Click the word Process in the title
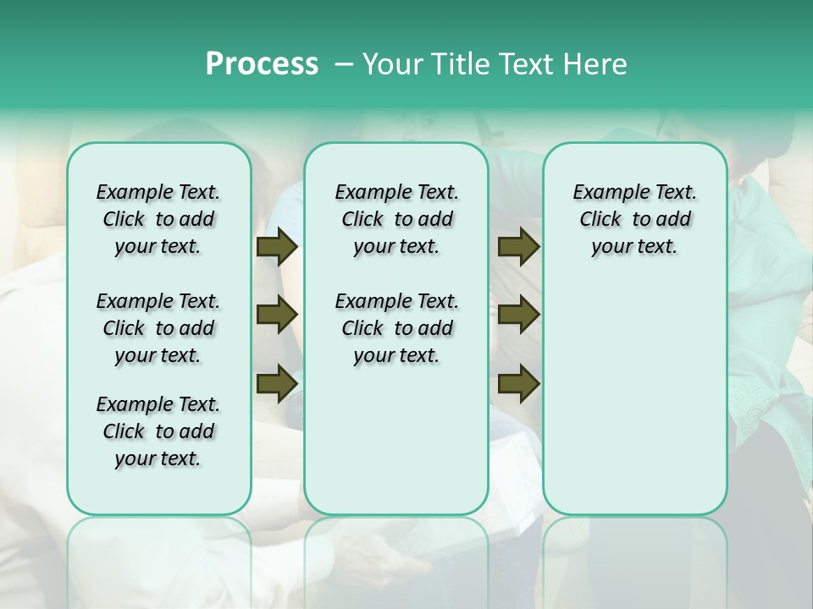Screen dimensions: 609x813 tap(262, 63)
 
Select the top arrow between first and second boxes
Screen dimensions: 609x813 tap(277, 246)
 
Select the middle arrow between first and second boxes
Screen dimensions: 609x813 tap(277, 315)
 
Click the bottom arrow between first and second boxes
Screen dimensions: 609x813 tap(277, 383)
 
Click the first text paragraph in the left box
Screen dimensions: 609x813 tap(158, 219)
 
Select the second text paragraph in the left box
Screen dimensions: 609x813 tap(158, 328)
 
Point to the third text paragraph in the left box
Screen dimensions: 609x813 tap(158, 431)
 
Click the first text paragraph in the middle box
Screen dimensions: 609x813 tap(396, 219)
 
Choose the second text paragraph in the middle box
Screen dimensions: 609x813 tap(396, 328)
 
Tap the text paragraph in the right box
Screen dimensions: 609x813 tap(635, 219)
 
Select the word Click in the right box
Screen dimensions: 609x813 tap(600, 220)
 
